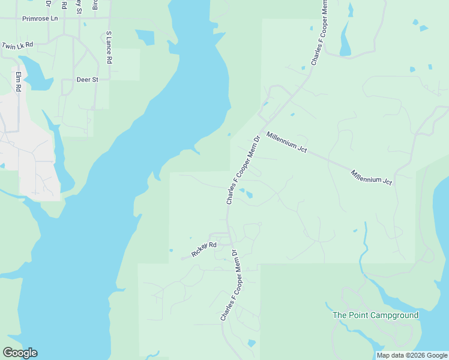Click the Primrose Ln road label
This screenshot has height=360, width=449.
[x=40, y=19]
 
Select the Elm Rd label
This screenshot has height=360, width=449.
[x=19, y=82]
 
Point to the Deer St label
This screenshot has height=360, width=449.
[x=87, y=79]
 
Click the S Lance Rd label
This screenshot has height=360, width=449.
[x=109, y=48]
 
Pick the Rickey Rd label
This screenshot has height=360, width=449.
[x=203, y=249]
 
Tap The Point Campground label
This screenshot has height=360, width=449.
[x=376, y=315]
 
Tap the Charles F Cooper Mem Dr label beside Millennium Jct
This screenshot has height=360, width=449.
[x=243, y=170]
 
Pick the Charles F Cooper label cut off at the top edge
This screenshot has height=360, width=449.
[x=320, y=33]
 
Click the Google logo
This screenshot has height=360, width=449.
[x=20, y=353]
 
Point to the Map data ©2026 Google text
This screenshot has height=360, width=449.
[x=412, y=355]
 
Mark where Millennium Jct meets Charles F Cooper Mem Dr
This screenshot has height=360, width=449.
[x=262, y=131]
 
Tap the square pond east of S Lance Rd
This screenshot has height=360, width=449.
[x=146, y=37]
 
